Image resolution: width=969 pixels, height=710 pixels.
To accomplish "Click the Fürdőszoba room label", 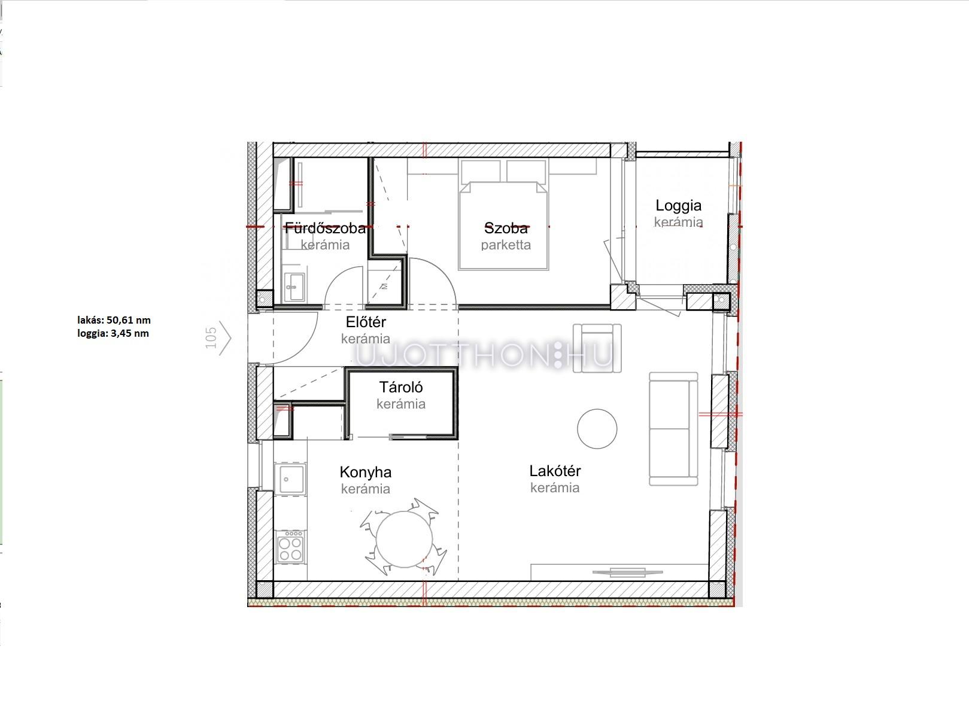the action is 325,228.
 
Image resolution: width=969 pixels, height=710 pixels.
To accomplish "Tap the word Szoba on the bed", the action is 506,228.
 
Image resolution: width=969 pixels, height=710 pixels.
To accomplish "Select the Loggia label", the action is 678,206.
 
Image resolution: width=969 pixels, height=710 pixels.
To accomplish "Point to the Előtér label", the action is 366,322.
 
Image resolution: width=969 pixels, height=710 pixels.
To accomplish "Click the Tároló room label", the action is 400,387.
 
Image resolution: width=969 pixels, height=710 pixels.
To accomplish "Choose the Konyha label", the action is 366,472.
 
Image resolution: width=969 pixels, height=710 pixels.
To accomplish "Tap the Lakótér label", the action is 555,471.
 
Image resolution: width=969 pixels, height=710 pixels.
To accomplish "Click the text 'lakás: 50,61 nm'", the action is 114,321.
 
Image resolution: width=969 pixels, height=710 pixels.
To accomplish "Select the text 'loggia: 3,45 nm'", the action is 113,333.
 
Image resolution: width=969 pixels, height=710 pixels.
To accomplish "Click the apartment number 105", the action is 211,338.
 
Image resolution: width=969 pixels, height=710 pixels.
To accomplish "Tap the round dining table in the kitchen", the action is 404,539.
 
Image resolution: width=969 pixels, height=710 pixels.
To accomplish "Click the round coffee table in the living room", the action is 597,429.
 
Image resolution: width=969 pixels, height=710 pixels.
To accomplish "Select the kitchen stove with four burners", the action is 290,547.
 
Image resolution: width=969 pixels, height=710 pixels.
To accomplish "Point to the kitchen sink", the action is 290,479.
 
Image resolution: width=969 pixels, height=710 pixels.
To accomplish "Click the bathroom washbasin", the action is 294,287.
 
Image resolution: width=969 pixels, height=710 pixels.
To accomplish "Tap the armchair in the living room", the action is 597,349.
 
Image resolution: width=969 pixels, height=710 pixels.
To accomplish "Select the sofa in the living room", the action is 673,429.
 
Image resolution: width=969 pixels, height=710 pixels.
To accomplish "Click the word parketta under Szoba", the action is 506,245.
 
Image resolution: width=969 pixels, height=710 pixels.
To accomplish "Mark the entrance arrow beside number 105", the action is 226,338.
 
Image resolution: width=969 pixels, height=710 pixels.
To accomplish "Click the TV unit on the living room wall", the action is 619,572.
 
